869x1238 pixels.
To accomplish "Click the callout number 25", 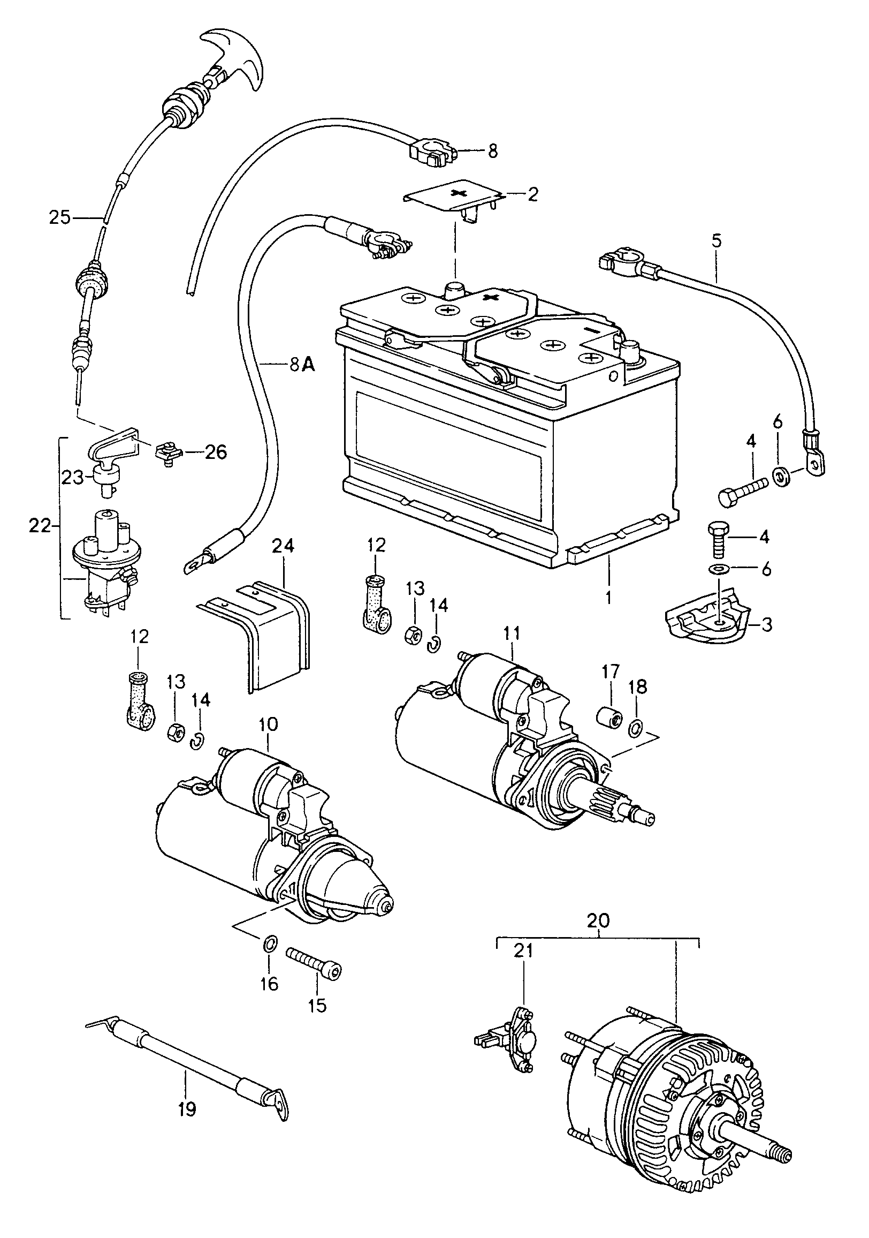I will coord(60,218).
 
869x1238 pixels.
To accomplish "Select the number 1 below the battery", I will coord(608,598).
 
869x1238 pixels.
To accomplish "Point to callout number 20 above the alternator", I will coord(598,920).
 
